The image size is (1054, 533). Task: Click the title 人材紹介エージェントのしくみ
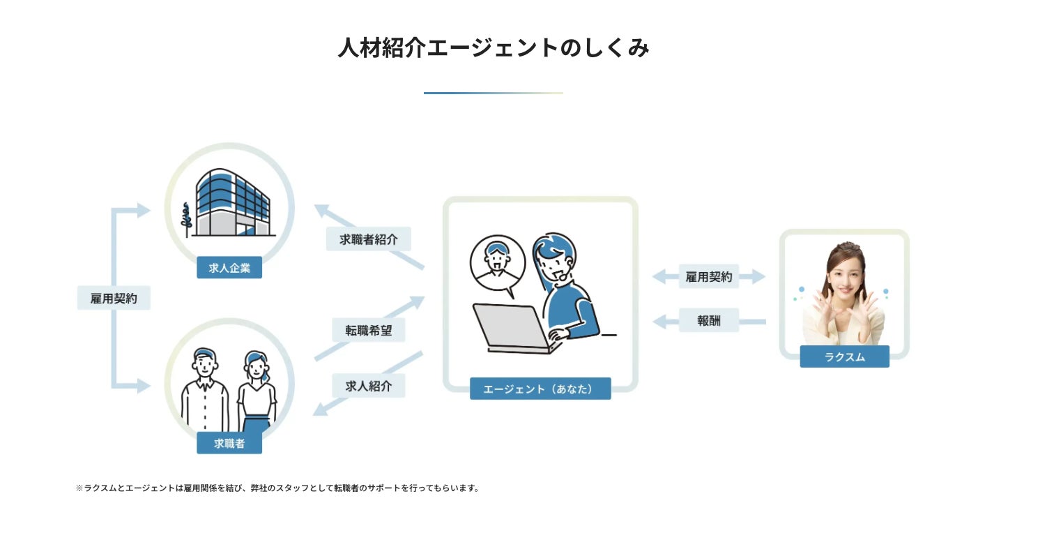[x=494, y=49]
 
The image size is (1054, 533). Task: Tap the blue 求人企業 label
[x=229, y=268]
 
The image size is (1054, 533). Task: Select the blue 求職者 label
[x=229, y=443]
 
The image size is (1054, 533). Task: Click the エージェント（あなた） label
[x=540, y=389]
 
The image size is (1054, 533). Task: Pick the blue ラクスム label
[x=844, y=356]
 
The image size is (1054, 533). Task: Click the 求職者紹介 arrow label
[x=369, y=239]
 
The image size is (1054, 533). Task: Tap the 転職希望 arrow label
[x=369, y=330]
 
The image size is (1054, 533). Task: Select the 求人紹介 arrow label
[x=369, y=386]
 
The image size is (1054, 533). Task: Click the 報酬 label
[x=709, y=321]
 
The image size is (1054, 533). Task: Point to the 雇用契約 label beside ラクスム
[x=709, y=277]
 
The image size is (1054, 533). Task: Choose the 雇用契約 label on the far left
[x=114, y=299]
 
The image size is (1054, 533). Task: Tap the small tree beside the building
[x=185, y=219]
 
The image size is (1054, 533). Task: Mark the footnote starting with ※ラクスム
[x=277, y=488]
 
